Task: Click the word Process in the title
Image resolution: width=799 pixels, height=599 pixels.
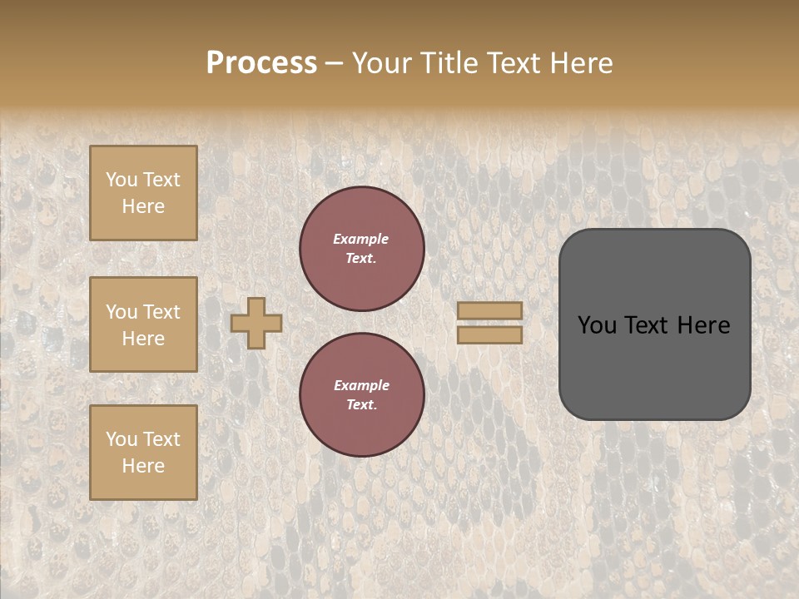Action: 261,63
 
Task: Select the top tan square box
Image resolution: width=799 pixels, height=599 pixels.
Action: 143,193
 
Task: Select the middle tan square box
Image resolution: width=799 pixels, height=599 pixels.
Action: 143,324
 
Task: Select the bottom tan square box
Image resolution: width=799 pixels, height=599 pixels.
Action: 143,453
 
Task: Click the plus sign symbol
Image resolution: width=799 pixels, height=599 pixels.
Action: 256,323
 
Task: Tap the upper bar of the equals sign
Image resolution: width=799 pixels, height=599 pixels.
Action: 489,310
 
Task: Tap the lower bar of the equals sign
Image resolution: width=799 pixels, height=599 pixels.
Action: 489,334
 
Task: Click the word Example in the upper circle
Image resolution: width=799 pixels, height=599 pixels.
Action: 360,239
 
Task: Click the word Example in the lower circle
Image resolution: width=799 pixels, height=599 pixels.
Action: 361,385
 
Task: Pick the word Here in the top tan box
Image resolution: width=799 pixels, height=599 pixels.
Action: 143,206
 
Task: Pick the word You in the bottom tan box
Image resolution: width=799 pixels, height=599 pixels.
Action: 122,439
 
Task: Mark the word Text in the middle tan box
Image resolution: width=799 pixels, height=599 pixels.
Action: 160,312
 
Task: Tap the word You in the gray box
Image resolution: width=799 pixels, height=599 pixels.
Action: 597,325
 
